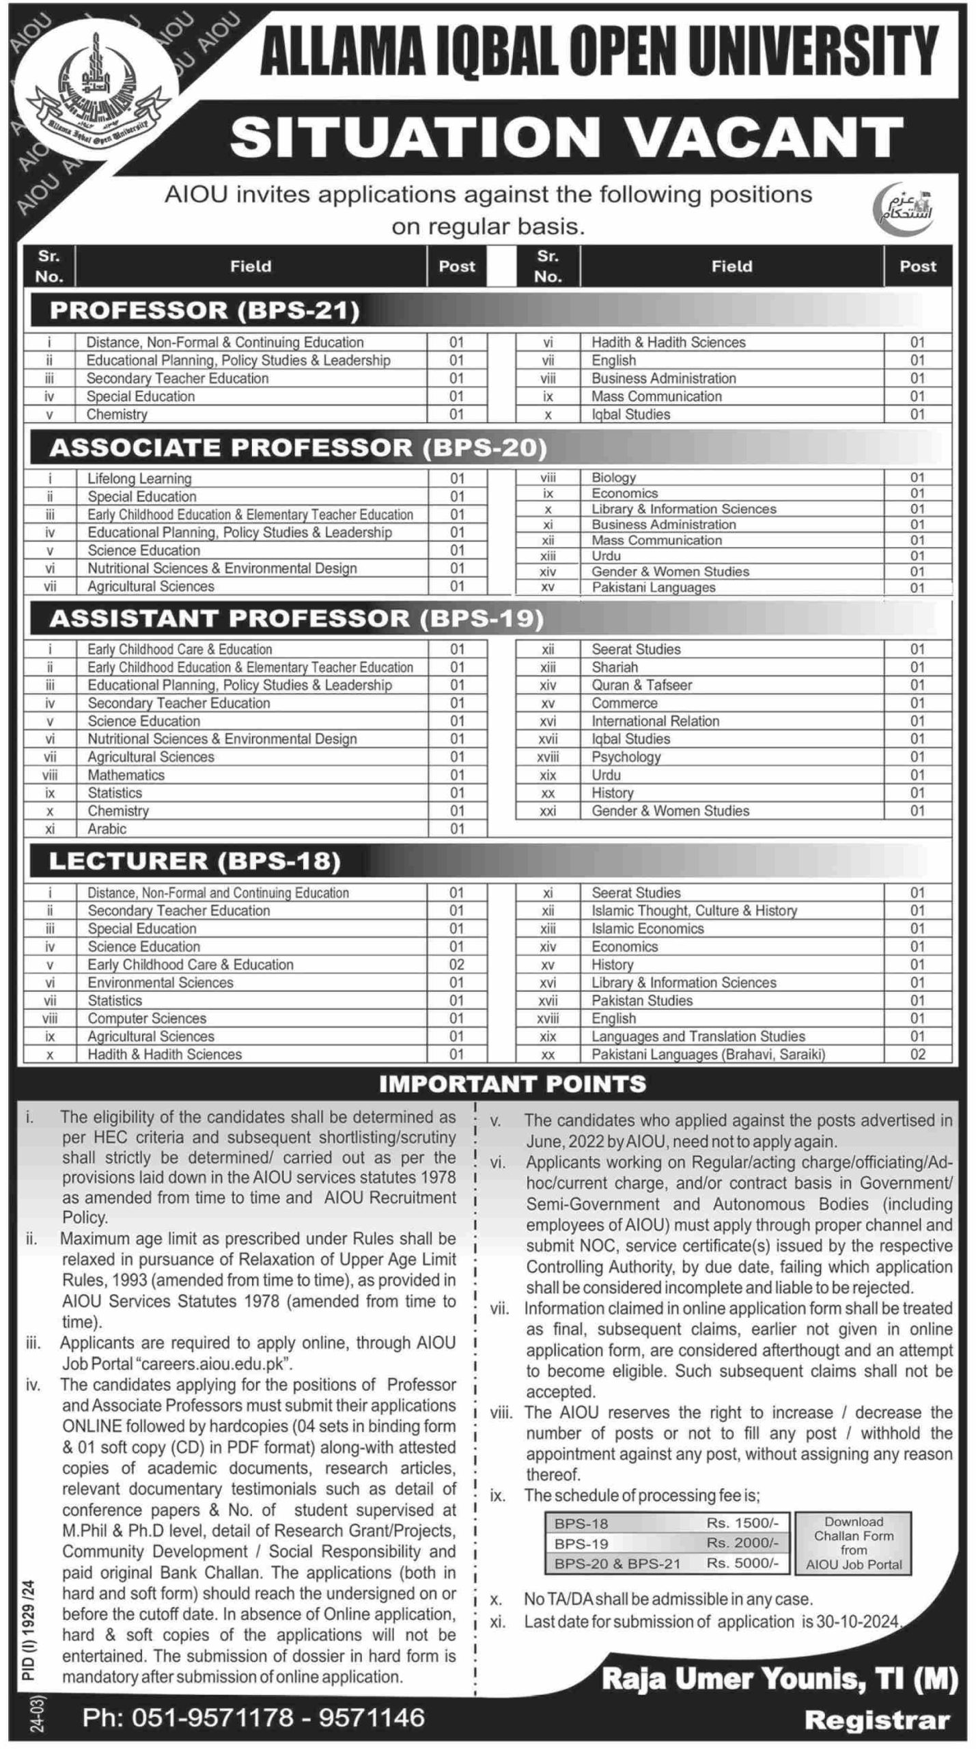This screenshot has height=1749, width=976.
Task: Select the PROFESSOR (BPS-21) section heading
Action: [204, 311]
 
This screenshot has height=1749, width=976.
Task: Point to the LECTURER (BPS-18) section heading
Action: [195, 862]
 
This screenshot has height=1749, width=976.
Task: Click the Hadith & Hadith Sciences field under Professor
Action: [668, 342]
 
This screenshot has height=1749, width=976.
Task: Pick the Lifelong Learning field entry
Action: [139, 479]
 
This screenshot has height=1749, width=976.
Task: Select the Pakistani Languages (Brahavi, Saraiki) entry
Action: [708, 1054]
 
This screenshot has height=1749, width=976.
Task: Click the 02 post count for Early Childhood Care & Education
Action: [456, 965]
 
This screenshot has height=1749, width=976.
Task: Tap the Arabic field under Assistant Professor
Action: [107, 829]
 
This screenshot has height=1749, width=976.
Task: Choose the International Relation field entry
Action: [655, 721]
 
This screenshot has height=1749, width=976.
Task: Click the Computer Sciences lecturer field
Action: [146, 1018]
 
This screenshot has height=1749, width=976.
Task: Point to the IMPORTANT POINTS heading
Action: [512, 1084]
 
